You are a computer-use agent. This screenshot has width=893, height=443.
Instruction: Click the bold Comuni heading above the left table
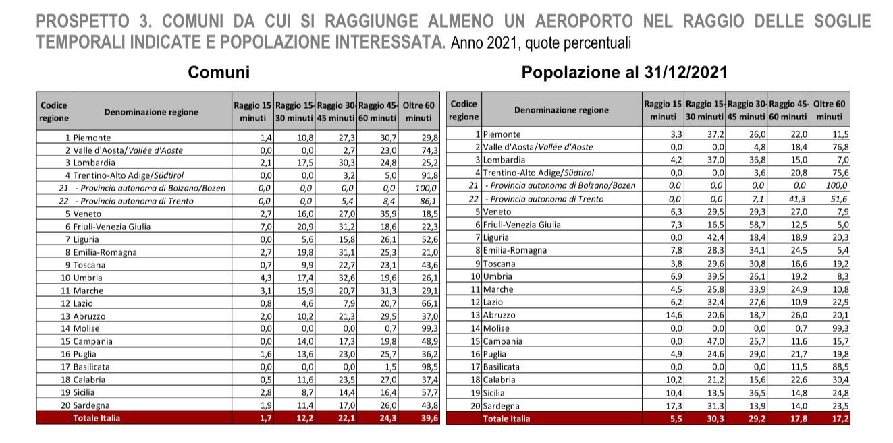point(218,72)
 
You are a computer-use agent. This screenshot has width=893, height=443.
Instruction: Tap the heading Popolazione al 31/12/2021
point(624,72)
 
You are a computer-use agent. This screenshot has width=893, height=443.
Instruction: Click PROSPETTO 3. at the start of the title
point(86,22)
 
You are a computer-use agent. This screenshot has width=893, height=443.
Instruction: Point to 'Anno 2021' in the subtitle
point(481,44)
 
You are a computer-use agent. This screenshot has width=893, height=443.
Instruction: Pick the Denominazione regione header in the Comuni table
point(151,112)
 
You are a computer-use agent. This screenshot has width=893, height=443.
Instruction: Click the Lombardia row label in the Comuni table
point(95,163)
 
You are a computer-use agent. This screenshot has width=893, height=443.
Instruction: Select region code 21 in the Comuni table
point(65,188)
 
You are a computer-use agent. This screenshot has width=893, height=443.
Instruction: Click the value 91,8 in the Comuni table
point(429,175)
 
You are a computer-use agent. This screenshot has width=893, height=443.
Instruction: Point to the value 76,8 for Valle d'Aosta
point(840,147)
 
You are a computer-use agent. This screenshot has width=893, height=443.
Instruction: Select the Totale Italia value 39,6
point(429,419)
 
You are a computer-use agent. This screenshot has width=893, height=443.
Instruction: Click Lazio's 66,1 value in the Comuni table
point(429,303)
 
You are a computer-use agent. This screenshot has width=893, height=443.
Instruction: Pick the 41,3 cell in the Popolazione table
point(799,199)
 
